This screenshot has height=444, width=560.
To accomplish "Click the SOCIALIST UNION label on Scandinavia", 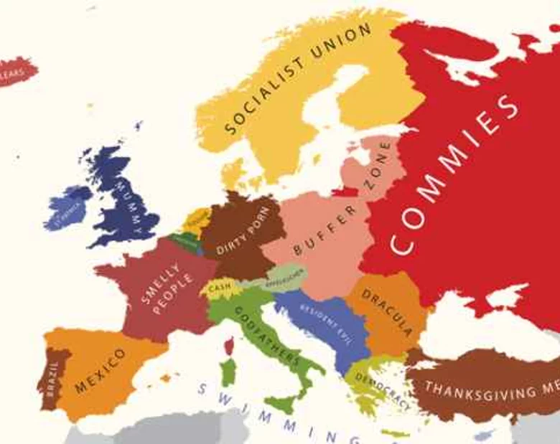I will [x=298, y=79].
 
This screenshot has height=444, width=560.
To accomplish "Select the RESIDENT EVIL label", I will [x=327, y=316].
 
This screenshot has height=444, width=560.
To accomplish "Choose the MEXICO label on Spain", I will [x=100, y=371].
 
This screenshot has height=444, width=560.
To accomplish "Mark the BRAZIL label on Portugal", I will [x=52, y=379].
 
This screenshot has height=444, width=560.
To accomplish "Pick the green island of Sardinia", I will [x=228, y=373].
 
